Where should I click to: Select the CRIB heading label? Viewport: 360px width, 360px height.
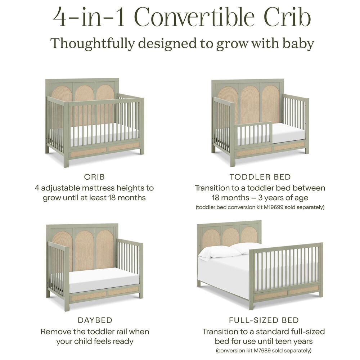tap(94, 177)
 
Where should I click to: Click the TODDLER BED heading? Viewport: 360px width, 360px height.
tap(260, 177)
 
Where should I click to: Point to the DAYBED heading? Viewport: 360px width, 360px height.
tap(95, 320)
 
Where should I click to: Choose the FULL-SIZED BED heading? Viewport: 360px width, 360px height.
tap(264, 320)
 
